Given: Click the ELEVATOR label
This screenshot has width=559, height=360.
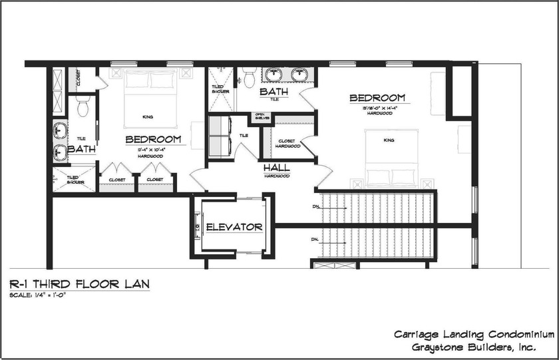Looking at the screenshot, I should coord(234,228).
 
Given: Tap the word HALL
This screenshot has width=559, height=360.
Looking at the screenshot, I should coord(276,168).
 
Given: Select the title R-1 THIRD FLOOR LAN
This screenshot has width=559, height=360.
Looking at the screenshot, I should coord(79,284).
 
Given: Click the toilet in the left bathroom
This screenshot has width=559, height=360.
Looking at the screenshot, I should coord(83,105).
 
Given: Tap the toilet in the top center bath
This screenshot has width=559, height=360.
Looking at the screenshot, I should coord(250,79).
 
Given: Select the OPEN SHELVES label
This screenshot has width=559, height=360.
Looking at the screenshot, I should coord(260,118).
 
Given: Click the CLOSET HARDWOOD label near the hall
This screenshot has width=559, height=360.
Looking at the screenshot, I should coord(289,143).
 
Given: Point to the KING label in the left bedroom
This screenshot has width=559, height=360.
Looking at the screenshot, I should coord(148,117).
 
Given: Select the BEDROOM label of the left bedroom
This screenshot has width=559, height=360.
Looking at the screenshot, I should coord(154,139).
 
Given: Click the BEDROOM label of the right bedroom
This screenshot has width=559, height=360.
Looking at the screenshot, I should coord(377,98).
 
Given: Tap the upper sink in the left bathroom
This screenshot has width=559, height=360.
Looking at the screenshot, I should coord(60,128).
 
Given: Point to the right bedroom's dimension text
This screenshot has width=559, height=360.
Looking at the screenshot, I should coord(380,107).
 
